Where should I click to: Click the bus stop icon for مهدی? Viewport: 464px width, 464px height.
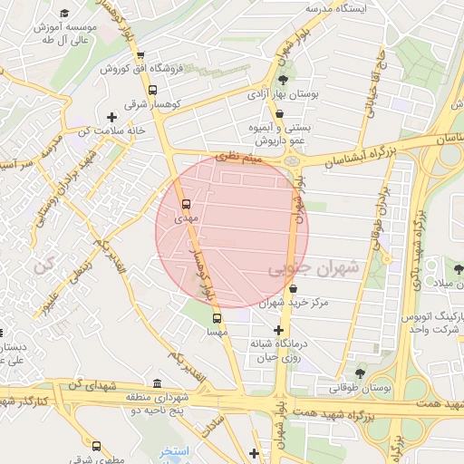[186, 204]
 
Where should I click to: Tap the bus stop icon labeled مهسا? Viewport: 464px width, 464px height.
[217, 318]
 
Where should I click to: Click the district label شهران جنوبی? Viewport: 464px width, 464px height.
[314, 269]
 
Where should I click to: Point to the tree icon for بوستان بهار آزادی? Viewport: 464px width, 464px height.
[283, 82]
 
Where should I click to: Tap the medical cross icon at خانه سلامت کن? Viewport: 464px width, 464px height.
[111, 117]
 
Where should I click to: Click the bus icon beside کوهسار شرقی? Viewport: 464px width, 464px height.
[151, 91]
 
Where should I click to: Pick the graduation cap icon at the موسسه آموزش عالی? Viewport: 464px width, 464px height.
[64, 14]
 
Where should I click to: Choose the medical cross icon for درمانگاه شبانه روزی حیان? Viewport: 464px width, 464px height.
[278, 331]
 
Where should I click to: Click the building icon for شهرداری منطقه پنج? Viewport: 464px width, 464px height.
[159, 383]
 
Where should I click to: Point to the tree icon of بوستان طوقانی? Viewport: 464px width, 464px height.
[360, 373]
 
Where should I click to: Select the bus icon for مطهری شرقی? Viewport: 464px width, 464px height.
[97, 446]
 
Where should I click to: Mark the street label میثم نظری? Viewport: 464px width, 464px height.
[245, 158]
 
